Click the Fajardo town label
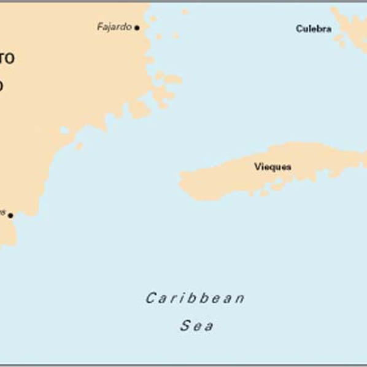pyautogui.click(x=114, y=27)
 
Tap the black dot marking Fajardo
pyautogui.click(x=137, y=28)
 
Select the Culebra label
pyautogui.click(x=314, y=29)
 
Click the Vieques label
pyautogui.click(x=272, y=166)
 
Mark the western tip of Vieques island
pyautogui.click(x=182, y=180)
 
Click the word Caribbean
pyautogui.click(x=195, y=299)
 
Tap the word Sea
pyautogui.click(x=197, y=326)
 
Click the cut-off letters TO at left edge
pyautogui.click(x=6, y=59)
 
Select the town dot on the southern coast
pyautogui.click(x=10, y=215)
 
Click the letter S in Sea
pyautogui.click(x=185, y=326)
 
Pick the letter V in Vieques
pyautogui.click(x=257, y=166)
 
